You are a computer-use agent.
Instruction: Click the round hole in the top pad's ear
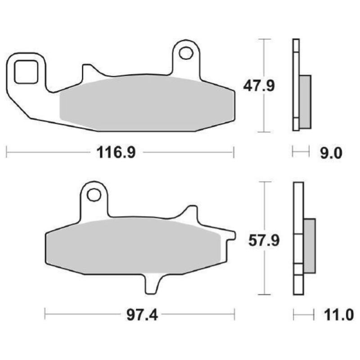click(184, 53)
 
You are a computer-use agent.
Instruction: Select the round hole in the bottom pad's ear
click(94, 194)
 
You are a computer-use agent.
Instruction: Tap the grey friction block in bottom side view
click(310, 246)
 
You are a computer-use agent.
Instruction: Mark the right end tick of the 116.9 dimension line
click(234, 152)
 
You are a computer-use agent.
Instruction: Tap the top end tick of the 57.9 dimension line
click(265, 182)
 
